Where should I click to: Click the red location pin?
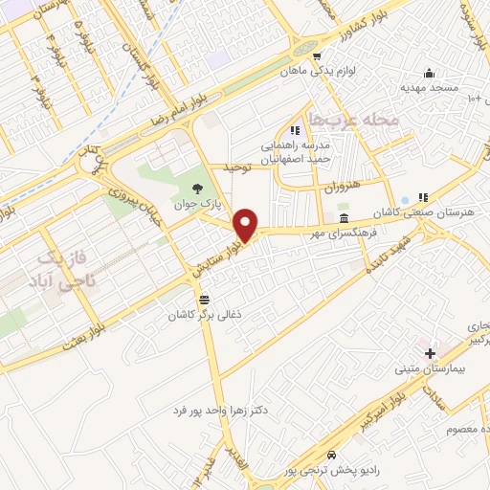click(247, 225)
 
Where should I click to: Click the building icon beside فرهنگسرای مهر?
click(344, 219)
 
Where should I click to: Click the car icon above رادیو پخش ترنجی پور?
click(331, 456)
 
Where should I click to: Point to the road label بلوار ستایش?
click(213, 255)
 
